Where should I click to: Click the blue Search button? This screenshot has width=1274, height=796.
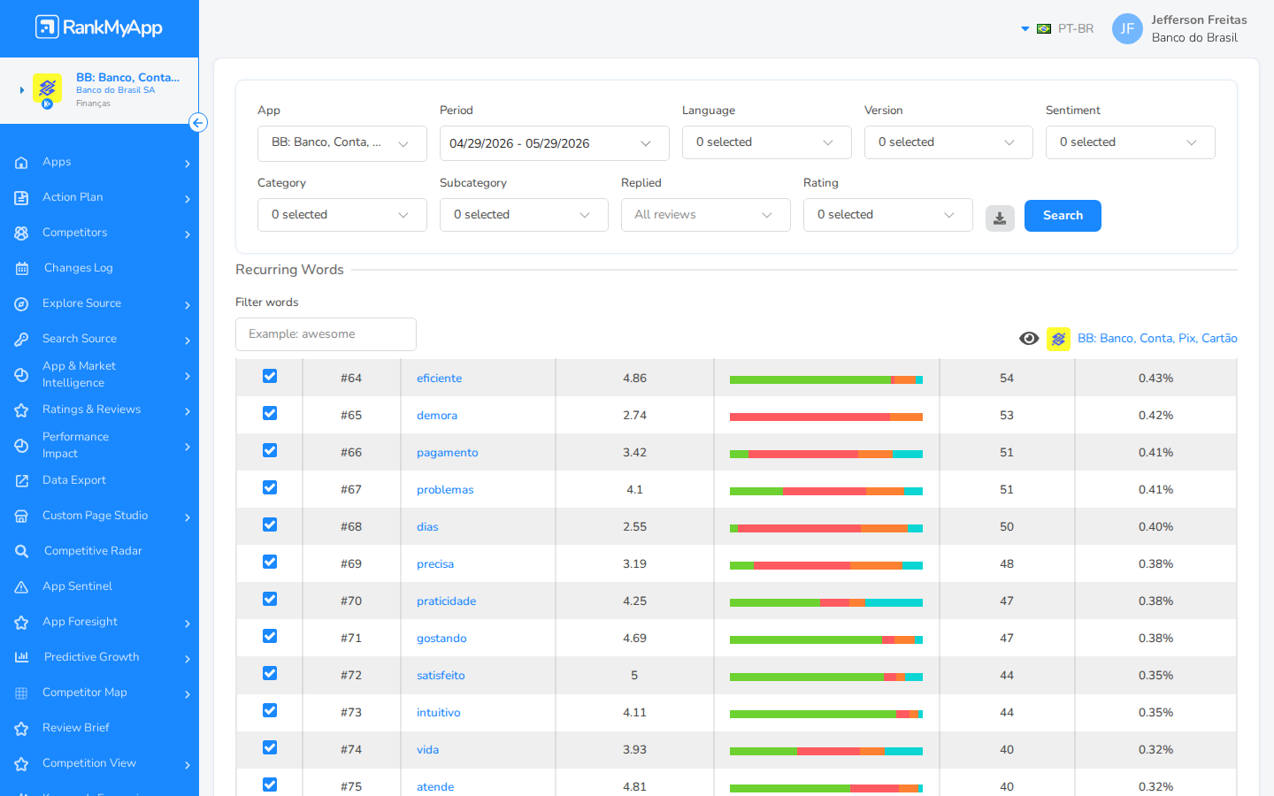coord(1063,216)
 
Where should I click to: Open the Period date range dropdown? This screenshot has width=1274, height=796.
coord(554,143)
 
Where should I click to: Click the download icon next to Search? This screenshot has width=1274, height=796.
coord(1000,218)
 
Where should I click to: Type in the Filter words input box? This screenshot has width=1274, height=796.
coord(326,334)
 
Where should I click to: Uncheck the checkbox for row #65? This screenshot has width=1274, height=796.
coord(270,413)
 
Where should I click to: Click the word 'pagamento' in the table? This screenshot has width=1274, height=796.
coord(447,453)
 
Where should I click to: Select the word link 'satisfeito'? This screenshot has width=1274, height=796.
coord(441,676)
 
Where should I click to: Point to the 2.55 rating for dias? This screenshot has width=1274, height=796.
coord(634,527)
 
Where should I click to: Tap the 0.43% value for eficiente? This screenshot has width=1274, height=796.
coord(1155,379)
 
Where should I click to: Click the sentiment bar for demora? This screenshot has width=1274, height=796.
coord(825,417)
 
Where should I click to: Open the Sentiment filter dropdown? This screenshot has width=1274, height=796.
coord(1130,142)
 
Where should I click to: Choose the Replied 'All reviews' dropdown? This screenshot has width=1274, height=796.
coord(705,215)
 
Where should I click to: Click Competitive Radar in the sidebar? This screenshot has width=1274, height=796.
coord(93,551)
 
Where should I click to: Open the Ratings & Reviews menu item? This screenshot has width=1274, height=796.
coord(91,409)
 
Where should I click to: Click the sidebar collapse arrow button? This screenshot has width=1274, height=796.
coord(198,123)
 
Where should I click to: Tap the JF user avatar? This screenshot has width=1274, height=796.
coord(1127,28)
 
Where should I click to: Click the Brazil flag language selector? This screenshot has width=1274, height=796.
coord(1044,28)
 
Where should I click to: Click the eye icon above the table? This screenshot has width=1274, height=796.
coord(1029,339)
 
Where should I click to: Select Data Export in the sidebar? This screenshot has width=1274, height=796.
coord(74,480)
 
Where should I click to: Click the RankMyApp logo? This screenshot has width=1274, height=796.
coord(99,27)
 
